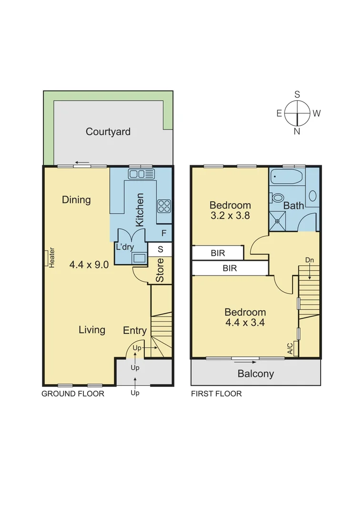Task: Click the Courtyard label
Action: click(x=108, y=132)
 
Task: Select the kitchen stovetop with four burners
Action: click(x=164, y=206)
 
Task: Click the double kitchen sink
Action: click(x=142, y=174)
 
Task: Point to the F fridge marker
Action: click(x=164, y=233)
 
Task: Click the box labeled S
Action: click(x=160, y=249)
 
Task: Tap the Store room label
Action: click(x=160, y=270)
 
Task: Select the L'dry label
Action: click(x=124, y=247)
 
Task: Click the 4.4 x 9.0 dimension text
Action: click(x=90, y=265)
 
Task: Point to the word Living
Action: click(x=92, y=330)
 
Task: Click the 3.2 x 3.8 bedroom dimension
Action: click(x=230, y=215)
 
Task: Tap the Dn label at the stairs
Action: click(x=310, y=260)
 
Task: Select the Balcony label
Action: click(x=256, y=374)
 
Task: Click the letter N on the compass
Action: click(x=297, y=132)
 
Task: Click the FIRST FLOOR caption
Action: click(x=216, y=394)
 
